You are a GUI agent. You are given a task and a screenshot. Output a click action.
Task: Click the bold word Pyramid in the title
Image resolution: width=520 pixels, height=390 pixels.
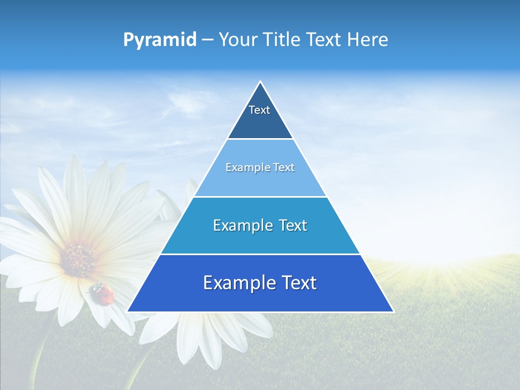(159, 40)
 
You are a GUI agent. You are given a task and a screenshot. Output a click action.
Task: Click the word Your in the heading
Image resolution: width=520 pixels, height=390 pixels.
(238, 40)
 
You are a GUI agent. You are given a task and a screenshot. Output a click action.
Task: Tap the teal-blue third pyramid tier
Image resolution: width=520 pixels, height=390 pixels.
(260, 238)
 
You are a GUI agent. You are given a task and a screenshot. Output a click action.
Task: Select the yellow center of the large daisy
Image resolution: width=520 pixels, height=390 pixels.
(79, 259)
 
